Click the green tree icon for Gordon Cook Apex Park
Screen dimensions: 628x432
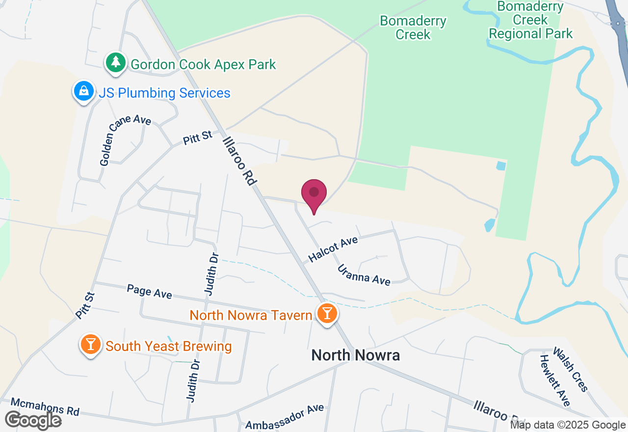point(116,62)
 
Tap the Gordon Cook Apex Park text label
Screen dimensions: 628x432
point(203,64)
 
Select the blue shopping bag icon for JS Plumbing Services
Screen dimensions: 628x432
point(84,91)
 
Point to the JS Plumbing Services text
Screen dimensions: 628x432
point(164,93)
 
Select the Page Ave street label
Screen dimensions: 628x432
point(149,291)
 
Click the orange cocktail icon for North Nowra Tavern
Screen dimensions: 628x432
point(326,313)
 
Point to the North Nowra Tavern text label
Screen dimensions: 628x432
point(251,315)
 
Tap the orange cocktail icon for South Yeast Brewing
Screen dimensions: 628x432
point(90,344)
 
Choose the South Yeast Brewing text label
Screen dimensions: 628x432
point(168,346)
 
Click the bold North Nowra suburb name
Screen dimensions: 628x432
point(356,355)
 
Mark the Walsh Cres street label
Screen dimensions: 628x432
point(571,369)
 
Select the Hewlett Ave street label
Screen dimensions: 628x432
point(555,380)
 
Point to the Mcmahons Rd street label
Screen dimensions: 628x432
point(45,406)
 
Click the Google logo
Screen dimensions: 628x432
point(33,420)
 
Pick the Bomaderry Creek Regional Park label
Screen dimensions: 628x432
point(530,20)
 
